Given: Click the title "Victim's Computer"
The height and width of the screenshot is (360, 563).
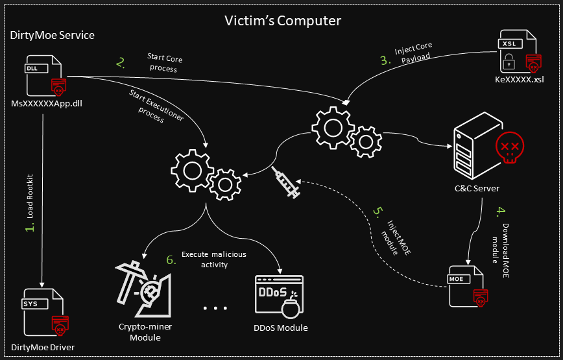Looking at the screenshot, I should pos(281,21).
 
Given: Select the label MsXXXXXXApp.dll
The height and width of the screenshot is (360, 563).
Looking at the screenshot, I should pos(47,102).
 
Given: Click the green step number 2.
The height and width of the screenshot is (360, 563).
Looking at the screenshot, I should pos(120,63).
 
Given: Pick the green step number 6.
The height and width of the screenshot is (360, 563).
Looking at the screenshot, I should pos(171,259).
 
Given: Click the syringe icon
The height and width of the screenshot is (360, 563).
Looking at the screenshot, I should pos(285,183).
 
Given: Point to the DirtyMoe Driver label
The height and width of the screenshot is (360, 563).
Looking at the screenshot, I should pos(43,347).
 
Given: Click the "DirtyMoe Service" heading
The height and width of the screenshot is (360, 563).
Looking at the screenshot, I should pos(52,36).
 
